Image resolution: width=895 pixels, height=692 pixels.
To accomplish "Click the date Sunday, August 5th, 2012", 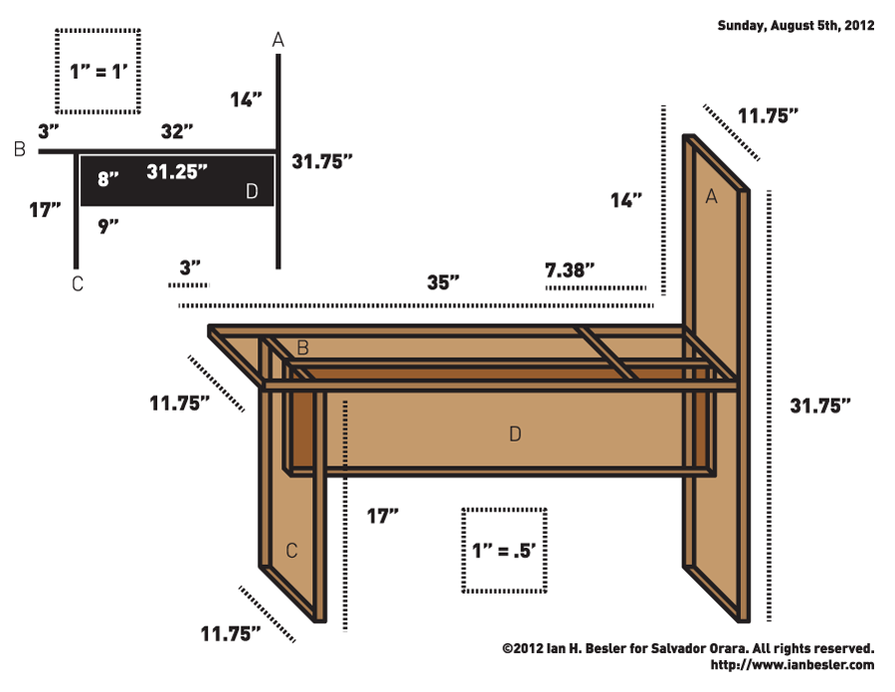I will pyautogui.click(x=796, y=26).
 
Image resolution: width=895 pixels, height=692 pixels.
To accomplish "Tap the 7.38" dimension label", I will pyautogui.click(x=570, y=268).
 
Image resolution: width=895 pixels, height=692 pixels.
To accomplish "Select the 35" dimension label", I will pyautogui.click(x=443, y=281).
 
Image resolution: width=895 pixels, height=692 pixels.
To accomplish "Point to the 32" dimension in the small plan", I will pyautogui.click(x=177, y=130).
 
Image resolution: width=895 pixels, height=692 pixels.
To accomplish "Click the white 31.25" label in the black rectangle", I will pyautogui.click(x=177, y=171).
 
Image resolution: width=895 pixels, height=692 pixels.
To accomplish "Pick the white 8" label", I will pyautogui.click(x=107, y=179).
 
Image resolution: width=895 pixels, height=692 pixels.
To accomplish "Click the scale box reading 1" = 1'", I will pyautogui.click(x=96, y=71).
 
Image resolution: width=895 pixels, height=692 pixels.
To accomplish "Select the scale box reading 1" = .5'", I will pyautogui.click(x=503, y=551).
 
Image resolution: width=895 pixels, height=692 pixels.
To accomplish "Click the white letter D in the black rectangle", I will pyautogui.click(x=252, y=191).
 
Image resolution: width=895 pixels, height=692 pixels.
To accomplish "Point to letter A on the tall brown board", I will pyautogui.click(x=711, y=197).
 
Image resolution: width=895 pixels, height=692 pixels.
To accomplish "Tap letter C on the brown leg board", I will pyautogui.click(x=291, y=550).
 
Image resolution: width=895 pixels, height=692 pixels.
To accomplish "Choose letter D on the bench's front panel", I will pyautogui.click(x=514, y=433).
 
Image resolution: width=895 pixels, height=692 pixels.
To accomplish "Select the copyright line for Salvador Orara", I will pyautogui.click(x=688, y=647).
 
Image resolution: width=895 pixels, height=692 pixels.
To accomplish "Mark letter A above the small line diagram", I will pyautogui.click(x=278, y=40).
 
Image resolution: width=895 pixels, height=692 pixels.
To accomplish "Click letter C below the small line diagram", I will pyautogui.click(x=77, y=284).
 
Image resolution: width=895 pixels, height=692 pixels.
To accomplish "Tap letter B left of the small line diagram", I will pyautogui.click(x=19, y=151).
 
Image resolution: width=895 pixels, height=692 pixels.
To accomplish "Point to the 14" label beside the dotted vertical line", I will pyautogui.click(x=626, y=200).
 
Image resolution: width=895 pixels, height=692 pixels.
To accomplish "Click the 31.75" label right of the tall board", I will pyautogui.click(x=820, y=406).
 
